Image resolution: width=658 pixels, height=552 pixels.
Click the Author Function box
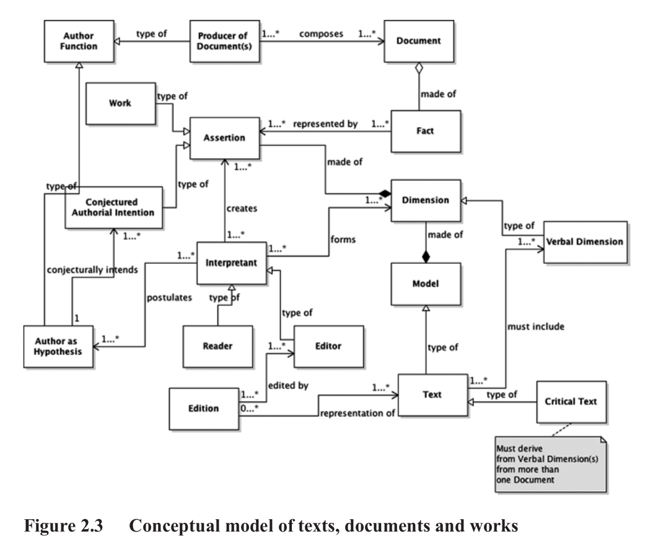pyautogui.click(x=79, y=41)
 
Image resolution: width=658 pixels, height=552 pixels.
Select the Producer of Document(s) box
pyautogui.click(x=224, y=41)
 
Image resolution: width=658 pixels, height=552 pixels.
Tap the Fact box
pyautogui.click(x=426, y=131)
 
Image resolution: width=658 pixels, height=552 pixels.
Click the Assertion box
pyautogui.click(x=224, y=138)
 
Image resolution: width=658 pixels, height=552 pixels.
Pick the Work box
pyautogui.click(x=120, y=103)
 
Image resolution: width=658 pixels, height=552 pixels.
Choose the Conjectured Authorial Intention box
pyautogui.click(x=113, y=207)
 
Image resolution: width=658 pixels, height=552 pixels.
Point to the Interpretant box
pyautogui.click(x=231, y=263)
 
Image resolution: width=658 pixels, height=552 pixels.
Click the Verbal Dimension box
pyautogui.click(x=586, y=242)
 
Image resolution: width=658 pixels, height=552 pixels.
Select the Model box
pyautogui.click(x=426, y=284)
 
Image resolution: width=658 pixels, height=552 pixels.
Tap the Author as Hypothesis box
pyautogui.click(x=58, y=346)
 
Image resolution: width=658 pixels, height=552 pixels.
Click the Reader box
pyautogui.click(x=217, y=346)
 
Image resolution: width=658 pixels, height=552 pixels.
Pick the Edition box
pyautogui.click(x=203, y=408)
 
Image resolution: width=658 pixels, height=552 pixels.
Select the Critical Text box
pyautogui.click(x=571, y=402)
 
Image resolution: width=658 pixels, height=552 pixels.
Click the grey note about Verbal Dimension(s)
pyautogui.click(x=551, y=464)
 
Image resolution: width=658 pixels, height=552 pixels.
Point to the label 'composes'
pyautogui.click(x=321, y=34)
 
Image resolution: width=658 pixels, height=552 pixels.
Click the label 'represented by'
pyautogui.click(x=325, y=124)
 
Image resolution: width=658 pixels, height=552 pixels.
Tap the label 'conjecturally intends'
pyautogui.click(x=92, y=269)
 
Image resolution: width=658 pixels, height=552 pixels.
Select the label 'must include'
pyautogui.click(x=535, y=326)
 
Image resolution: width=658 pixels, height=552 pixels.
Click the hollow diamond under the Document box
pyautogui.click(x=419, y=68)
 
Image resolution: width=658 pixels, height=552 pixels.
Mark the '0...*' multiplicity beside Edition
pyautogui.click(x=249, y=408)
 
